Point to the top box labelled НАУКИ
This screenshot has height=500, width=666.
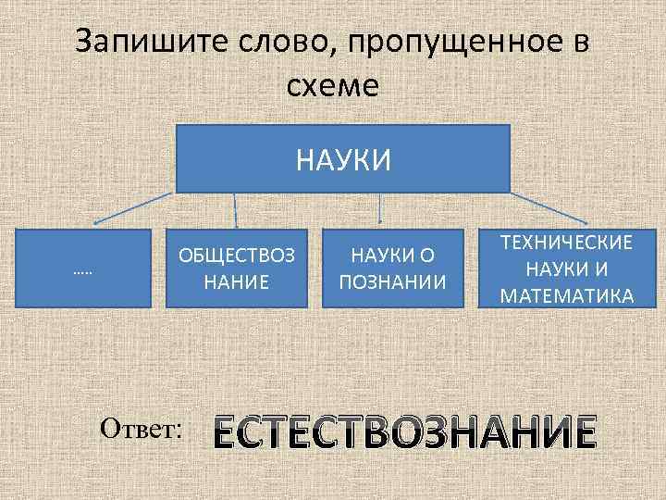(x=343, y=158)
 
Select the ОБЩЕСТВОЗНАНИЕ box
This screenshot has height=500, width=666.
(x=238, y=267)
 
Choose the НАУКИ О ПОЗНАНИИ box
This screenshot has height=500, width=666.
(x=392, y=267)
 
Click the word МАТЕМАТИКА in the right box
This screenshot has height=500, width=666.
(x=566, y=296)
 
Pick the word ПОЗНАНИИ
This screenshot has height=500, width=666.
(x=393, y=281)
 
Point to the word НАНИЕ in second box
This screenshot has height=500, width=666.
(x=238, y=279)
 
